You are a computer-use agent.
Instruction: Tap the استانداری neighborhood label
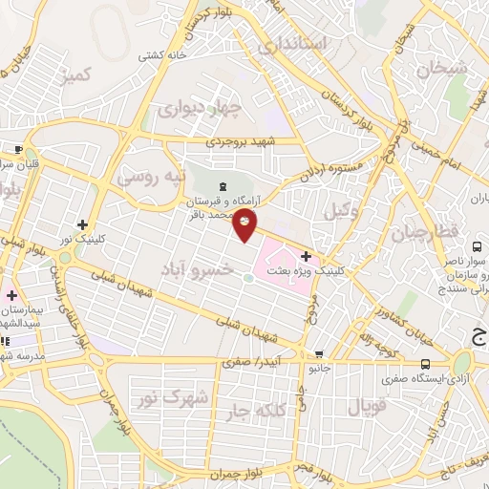pos(297,45)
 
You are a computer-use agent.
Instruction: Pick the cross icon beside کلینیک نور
pos(83,223)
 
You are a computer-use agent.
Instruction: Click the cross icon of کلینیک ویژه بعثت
pos(306,256)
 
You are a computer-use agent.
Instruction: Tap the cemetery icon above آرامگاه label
pos(223,186)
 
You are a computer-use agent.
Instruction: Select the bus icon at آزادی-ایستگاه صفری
pos(426,363)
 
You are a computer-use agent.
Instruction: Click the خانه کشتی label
pos(161,54)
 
